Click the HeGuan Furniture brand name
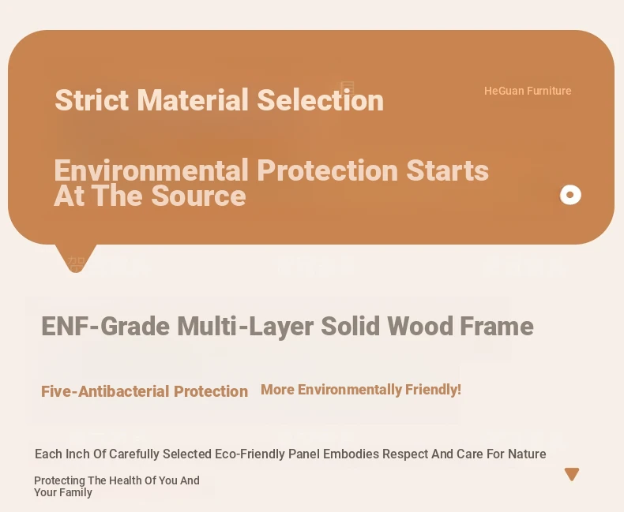[x=528, y=91]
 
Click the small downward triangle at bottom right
[x=572, y=474]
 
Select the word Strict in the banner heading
[x=92, y=99]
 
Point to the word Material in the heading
[x=193, y=99]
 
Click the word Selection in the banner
[x=321, y=99]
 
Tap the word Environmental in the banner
[x=151, y=170]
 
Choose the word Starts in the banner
[x=447, y=170]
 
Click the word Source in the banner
[x=198, y=196]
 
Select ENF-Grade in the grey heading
[x=106, y=327]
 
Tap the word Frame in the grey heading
[x=497, y=327]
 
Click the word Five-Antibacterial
[x=106, y=391]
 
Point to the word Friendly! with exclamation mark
[x=433, y=390]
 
